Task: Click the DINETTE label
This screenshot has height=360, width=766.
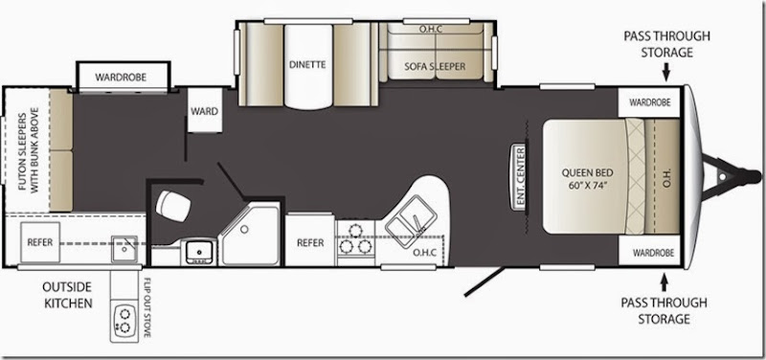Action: (306, 64)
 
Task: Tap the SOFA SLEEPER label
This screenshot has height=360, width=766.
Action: (435, 66)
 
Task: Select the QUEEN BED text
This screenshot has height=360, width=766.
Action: (587, 173)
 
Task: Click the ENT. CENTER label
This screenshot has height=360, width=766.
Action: (520, 177)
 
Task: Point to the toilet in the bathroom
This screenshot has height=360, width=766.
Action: (173, 206)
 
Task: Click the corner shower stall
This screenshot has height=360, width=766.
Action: (250, 234)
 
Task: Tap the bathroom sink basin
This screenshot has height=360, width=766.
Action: (199, 252)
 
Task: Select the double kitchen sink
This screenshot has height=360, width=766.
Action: (411, 220)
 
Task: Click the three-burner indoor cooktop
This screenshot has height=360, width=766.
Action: (355, 239)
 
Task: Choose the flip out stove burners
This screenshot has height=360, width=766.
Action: (124, 321)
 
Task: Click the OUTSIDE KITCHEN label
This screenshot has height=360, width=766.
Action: (68, 295)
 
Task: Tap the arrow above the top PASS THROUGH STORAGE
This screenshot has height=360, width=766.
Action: (665, 74)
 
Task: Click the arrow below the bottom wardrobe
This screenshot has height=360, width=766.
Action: (664, 283)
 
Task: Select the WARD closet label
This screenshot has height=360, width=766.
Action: (204, 112)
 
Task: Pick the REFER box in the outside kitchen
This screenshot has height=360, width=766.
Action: (40, 242)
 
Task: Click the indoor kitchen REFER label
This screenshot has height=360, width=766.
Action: (310, 243)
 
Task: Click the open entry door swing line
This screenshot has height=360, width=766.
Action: (484, 281)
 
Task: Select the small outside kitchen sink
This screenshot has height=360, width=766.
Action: (124, 249)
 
